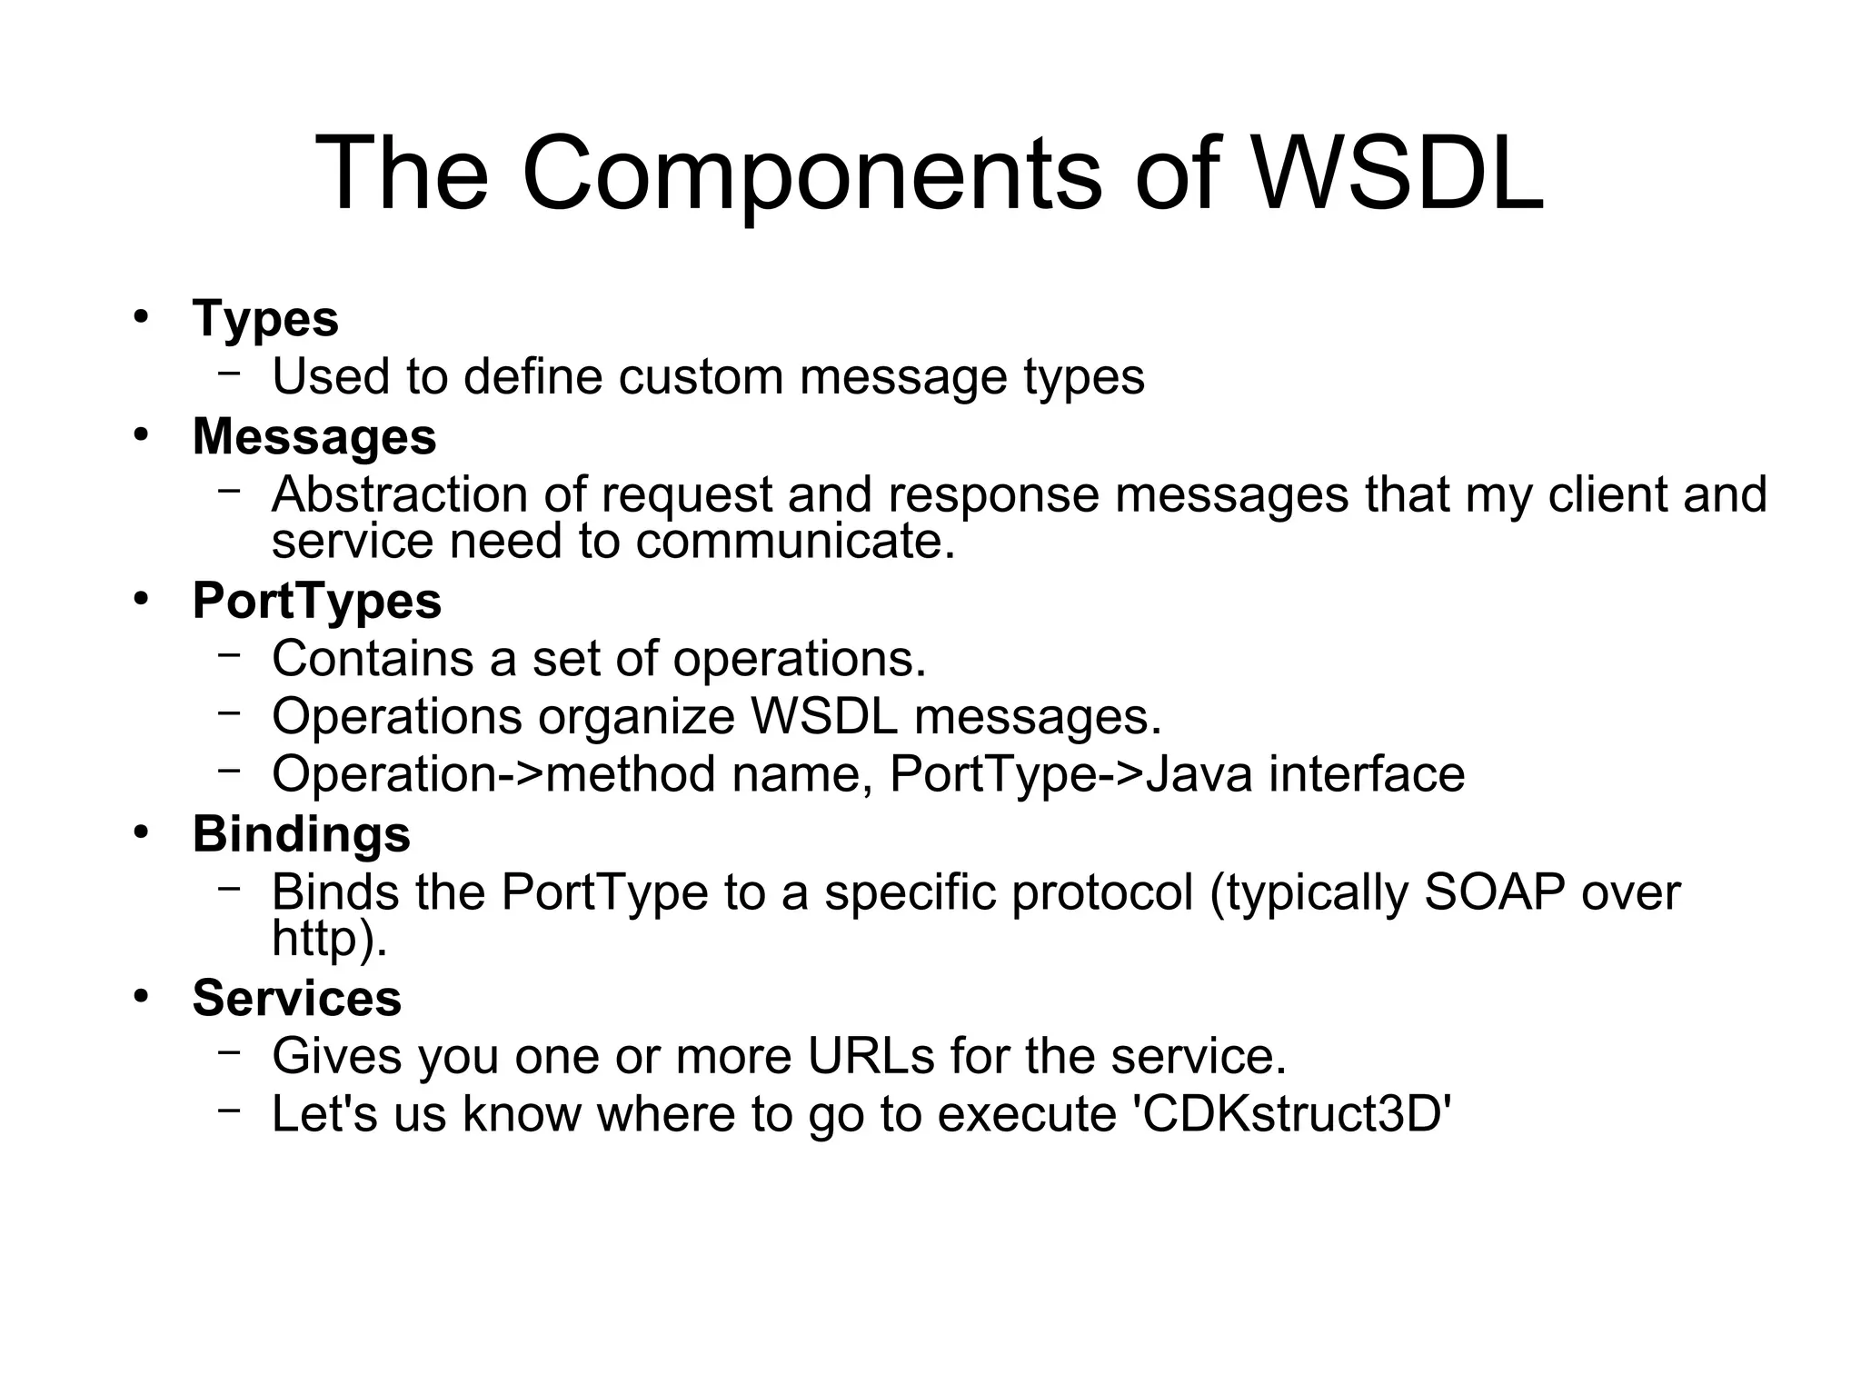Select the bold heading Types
coord(265,319)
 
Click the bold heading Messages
coord(314,436)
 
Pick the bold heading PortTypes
coord(316,601)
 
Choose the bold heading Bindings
coord(301,834)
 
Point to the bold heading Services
coord(296,998)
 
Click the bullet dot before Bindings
coord(140,832)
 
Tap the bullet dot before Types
coord(140,317)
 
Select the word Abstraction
coord(399,494)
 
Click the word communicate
coord(795,542)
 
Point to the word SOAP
coord(1494,892)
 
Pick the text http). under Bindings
coord(329,939)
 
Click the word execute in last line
coord(1026,1114)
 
